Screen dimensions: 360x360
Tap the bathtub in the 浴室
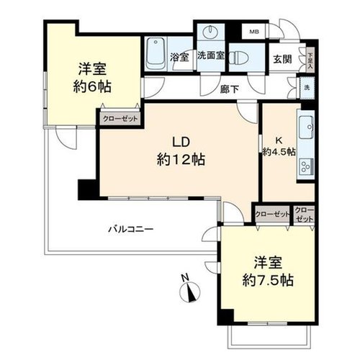tap(156, 53)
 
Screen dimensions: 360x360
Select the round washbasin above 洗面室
tap(210, 31)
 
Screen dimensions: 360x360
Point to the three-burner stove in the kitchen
tap(306, 166)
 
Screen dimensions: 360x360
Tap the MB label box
tap(254, 32)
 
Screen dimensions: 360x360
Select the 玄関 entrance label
tap(282, 59)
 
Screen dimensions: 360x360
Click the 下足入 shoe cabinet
tap(310, 59)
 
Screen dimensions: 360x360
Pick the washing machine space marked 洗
tap(307, 88)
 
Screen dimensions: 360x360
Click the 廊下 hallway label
tap(230, 89)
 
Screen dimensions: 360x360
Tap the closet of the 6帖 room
tap(120, 119)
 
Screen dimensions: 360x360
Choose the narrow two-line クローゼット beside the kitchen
tap(304, 215)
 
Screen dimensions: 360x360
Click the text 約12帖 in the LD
tap(181, 160)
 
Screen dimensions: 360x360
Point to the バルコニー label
tap(130, 229)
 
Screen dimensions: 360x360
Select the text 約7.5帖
tap(268, 280)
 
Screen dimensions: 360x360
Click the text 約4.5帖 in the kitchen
tap(279, 152)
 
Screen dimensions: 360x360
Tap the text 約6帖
tap(92, 86)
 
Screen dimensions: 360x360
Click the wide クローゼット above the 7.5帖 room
tap(272, 215)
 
